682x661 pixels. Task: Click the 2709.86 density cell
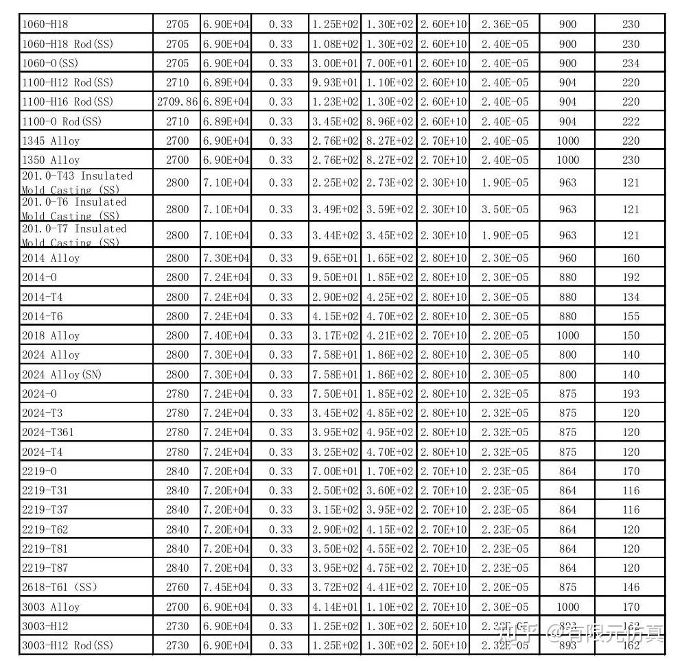tap(177, 101)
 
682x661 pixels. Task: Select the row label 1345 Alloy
tap(51, 141)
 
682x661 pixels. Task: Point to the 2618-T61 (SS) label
tap(60, 587)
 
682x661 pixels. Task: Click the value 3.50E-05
tap(505, 209)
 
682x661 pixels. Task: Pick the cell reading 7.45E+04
tap(226, 587)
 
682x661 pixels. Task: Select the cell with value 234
tap(631, 63)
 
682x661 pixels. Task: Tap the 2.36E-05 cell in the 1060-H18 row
tap(505, 24)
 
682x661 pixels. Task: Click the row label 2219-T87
tap(45, 568)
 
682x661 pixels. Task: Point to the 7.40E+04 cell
tap(226, 335)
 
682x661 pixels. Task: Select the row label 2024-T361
tap(48, 433)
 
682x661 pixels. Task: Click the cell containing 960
tap(567, 259)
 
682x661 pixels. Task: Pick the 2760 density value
tap(177, 587)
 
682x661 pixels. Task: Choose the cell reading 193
tap(631, 394)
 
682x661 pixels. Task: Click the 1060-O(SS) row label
tap(50, 63)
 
